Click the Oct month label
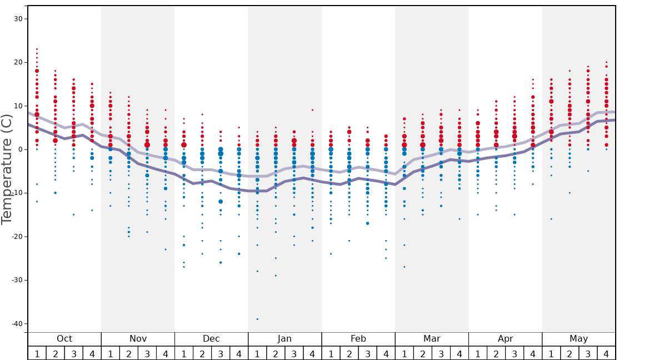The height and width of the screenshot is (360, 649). pyautogui.click(x=64, y=339)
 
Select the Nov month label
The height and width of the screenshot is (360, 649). pyautogui.click(x=138, y=339)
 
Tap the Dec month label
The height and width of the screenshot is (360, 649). pyautogui.click(x=211, y=339)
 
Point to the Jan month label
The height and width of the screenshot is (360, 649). pyautogui.click(x=284, y=339)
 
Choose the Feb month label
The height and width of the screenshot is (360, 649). pyautogui.click(x=358, y=339)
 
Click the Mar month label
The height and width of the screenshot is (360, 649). pyautogui.click(x=432, y=339)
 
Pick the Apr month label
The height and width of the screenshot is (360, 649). pyautogui.click(x=505, y=339)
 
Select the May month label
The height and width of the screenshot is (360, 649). pyautogui.click(x=578, y=339)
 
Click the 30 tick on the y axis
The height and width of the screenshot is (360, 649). pyautogui.click(x=18, y=19)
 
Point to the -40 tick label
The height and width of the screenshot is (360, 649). pyautogui.click(x=16, y=324)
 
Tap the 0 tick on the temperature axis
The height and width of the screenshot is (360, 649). pyautogui.click(x=19, y=149)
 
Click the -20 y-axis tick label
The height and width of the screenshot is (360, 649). pyautogui.click(x=16, y=237)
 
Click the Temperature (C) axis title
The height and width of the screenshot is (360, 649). pyautogui.click(x=7, y=169)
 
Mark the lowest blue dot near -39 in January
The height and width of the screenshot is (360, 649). pyautogui.click(x=257, y=319)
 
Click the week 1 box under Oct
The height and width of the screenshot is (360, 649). pyautogui.click(x=37, y=353)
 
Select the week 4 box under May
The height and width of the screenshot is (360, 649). pyautogui.click(x=606, y=353)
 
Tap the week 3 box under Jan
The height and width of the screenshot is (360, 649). pyautogui.click(x=294, y=353)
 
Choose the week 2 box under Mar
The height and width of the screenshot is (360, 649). pyautogui.click(x=422, y=353)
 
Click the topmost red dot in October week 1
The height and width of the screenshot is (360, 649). pyautogui.click(x=37, y=49)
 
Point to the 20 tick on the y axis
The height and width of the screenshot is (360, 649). pyautogui.click(x=18, y=62)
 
